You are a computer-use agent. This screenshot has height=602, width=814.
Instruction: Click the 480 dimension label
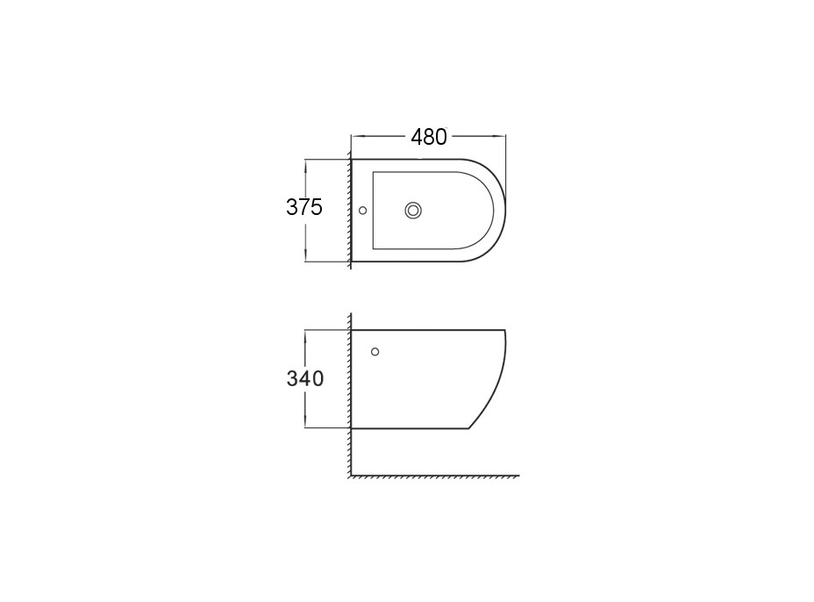click(x=429, y=137)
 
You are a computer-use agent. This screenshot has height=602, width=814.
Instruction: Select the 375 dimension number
click(x=304, y=207)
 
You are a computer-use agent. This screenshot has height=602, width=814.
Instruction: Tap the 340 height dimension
click(x=304, y=379)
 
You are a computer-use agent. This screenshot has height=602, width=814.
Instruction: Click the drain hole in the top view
click(x=413, y=211)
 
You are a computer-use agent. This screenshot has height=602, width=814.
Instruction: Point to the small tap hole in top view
click(x=363, y=211)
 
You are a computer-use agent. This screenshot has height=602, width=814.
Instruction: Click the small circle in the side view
click(x=375, y=352)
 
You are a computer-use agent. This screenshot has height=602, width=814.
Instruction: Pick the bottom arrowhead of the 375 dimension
click(x=306, y=255)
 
